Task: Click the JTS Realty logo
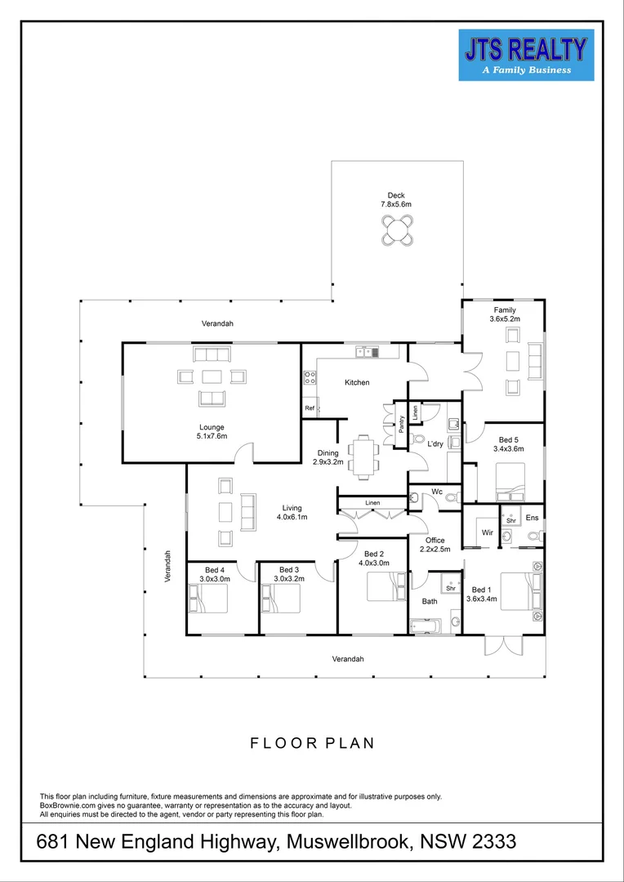[x=526, y=55]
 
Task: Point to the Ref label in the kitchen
[x=310, y=408]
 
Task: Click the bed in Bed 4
[x=208, y=598]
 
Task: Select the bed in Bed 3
[x=281, y=598]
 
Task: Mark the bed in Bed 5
[x=510, y=482]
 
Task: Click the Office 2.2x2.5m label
[x=435, y=545]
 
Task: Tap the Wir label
[x=488, y=532]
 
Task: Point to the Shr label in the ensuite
[x=511, y=521]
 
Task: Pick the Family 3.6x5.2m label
[x=505, y=314]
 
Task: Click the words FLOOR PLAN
[x=312, y=743]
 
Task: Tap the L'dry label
[x=435, y=444]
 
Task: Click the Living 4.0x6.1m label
[x=291, y=512]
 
